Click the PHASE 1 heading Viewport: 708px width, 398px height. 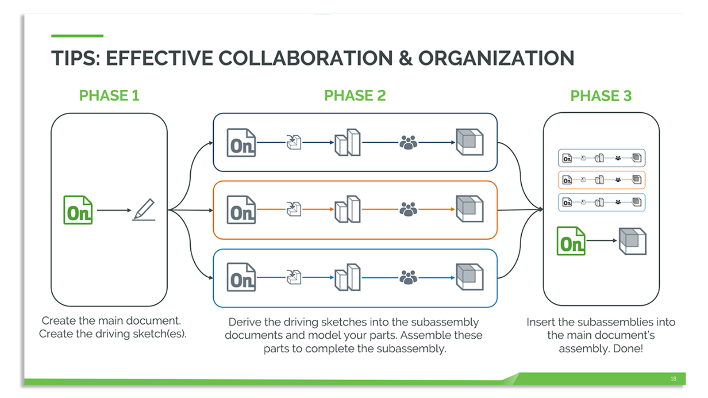[x=109, y=96]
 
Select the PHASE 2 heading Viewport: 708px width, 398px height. [x=355, y=96]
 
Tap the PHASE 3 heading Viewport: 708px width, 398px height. [x=600, y=96]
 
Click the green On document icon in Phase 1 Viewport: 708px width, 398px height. [x=78, y=210]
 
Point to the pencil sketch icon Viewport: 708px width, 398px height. [x=144, y=210]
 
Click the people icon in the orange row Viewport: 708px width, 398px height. [x=408, y=209]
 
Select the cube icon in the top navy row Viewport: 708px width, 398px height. [x=469, y=142]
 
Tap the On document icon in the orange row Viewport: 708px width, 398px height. [x=241, y=210]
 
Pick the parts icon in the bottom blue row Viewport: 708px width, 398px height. [x=348, y=277]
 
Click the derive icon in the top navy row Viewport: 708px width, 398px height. [x=294, y=142]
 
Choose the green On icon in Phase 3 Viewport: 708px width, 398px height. [x=571, y=241]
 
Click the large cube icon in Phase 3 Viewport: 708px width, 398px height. [x=632, y=241]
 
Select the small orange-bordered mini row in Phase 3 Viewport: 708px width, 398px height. [x=601, y=180]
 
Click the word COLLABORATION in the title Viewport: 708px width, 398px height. [x=305, y=58]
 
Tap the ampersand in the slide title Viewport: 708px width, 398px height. [x=405, y=58]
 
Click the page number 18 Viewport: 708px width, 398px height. [x=673, y=379]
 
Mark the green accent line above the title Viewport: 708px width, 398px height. [x=77, y=36]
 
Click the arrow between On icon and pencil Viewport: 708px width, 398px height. [x=114, y=210]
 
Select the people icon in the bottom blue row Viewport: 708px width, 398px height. [x=408, y=277]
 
